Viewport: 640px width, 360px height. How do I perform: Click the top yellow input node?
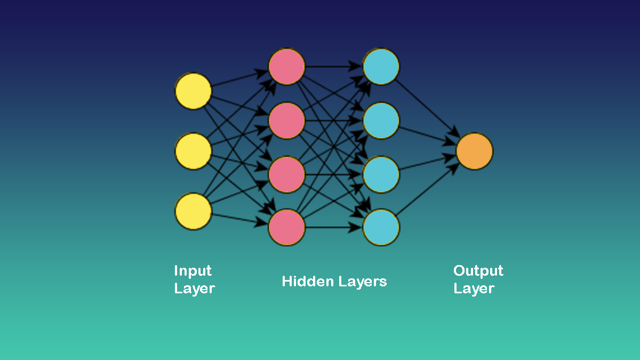tap(193, 91)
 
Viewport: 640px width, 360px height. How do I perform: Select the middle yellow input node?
tap(193, 151)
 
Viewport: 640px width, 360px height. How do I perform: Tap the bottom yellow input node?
tap(193, 212)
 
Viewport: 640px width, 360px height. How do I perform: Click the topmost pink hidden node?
tap(286, 67)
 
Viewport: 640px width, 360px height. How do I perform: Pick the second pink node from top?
tap(286, 121)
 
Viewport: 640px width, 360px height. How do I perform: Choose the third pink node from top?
tap(286, 174)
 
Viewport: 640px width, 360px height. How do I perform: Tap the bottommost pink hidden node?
tap(286, 228)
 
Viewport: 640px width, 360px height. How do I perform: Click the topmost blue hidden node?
tap(381, 67)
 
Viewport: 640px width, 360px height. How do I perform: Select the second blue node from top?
tap(381, 121)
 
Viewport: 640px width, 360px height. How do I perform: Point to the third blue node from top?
tap(381, 174)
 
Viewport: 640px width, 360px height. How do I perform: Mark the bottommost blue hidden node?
tap(381, 228)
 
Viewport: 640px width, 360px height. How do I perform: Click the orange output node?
tap(474, 151)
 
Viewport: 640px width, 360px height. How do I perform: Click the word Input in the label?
tap(193, 271)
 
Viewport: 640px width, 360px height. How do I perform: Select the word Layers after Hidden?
tap(362, 281)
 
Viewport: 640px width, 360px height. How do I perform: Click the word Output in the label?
tap(478, 271)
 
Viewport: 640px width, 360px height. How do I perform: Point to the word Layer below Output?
tap(474, 289)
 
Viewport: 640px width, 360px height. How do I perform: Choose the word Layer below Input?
tap(194, 289)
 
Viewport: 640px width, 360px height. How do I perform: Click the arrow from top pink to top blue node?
tap(333, 67)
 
